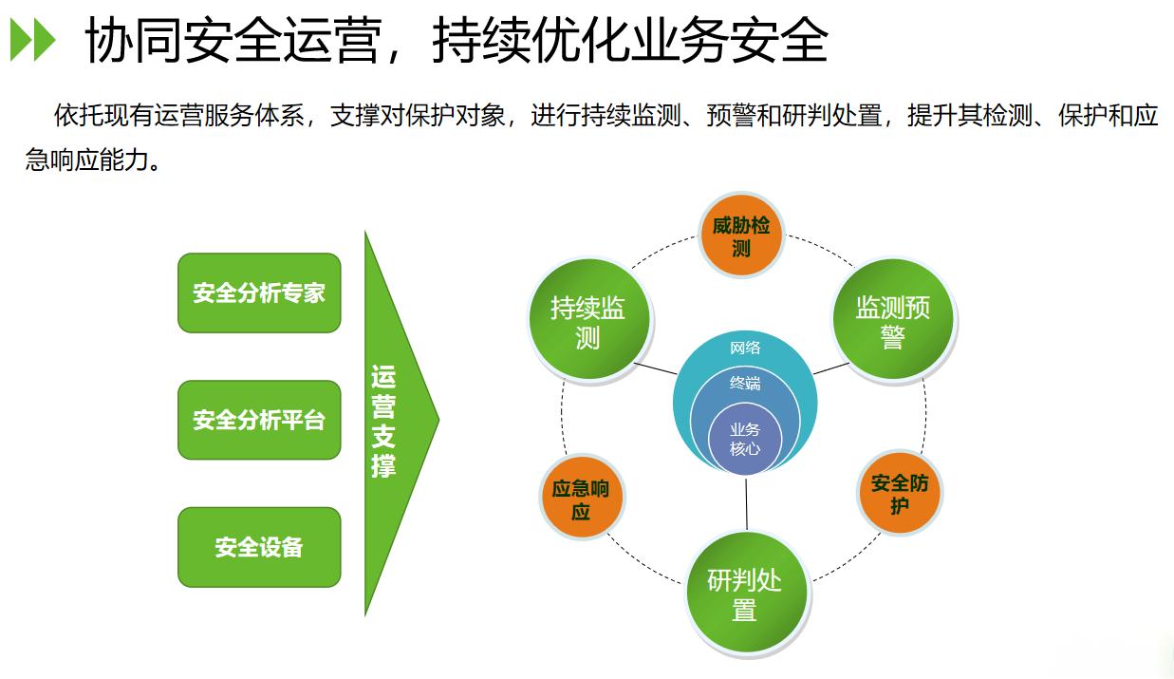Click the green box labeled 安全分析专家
click(259, 292)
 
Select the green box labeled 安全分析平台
click(259, 420)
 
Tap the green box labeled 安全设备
click(259, 547)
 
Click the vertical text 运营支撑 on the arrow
click(383, 422)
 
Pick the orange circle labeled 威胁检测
click(741, 236)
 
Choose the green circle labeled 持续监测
click(589, 320)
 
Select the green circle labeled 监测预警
click(893, 320)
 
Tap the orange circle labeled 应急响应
click(581, 497)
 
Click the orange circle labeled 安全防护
click(900, 493)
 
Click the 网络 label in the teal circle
click(745, 348)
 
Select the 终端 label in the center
click(745, 384)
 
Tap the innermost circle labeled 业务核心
click(745, 440)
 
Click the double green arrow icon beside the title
click(32, 40)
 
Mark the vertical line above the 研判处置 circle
click(746, 504)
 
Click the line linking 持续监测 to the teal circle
click(656, 368)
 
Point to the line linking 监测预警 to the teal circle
click(830, 368)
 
